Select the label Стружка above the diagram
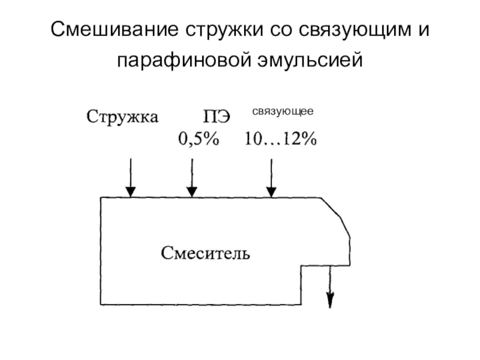click(123, 116)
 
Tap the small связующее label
click(282, 111)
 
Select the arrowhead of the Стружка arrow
click(130, 191)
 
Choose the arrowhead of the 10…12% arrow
click(272, 191)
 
